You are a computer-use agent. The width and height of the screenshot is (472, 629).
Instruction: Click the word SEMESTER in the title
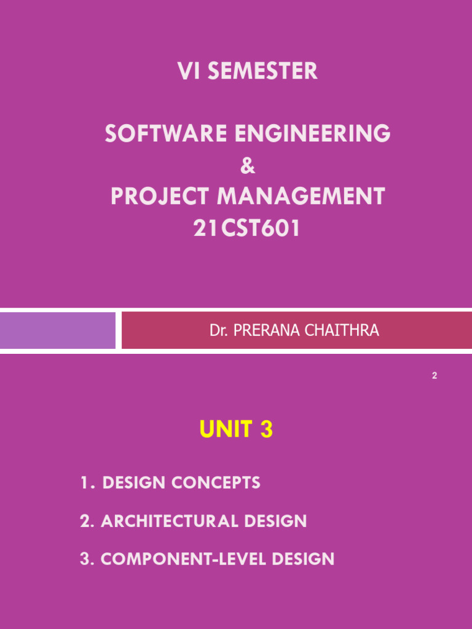click(x=262, y=72)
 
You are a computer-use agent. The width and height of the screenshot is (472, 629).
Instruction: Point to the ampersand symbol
click(x=247, y=166)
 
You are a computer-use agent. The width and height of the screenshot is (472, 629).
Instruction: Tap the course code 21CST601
click(x=247, y=229)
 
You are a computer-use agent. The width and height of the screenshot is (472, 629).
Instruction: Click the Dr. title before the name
click(x=218, y=331)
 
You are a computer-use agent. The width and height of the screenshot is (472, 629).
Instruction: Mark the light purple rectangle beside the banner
click(x=58, y=330)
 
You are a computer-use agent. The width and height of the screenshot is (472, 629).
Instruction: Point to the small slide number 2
click(x=435, y=376)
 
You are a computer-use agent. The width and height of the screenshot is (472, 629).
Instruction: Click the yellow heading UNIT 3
click(x=236, y=431)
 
